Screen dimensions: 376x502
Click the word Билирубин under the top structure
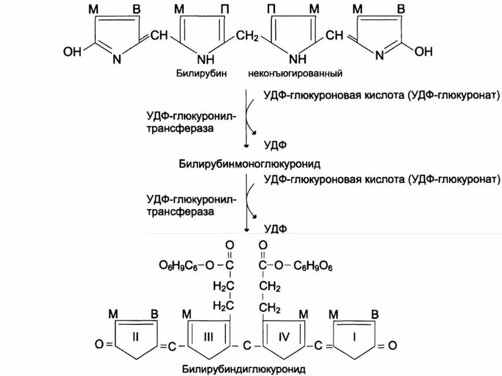[197, 74]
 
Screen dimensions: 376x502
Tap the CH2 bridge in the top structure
[249, 36]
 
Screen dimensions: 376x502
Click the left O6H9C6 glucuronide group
[179, 265]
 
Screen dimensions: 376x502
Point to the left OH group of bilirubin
[72, 51]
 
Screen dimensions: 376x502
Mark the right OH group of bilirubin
[424, 51]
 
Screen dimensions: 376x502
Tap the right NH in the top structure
[297, 60]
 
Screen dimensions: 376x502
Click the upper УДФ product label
[276, 145]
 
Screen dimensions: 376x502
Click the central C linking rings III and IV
[248, 346]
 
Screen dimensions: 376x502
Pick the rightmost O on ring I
[392, 346]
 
